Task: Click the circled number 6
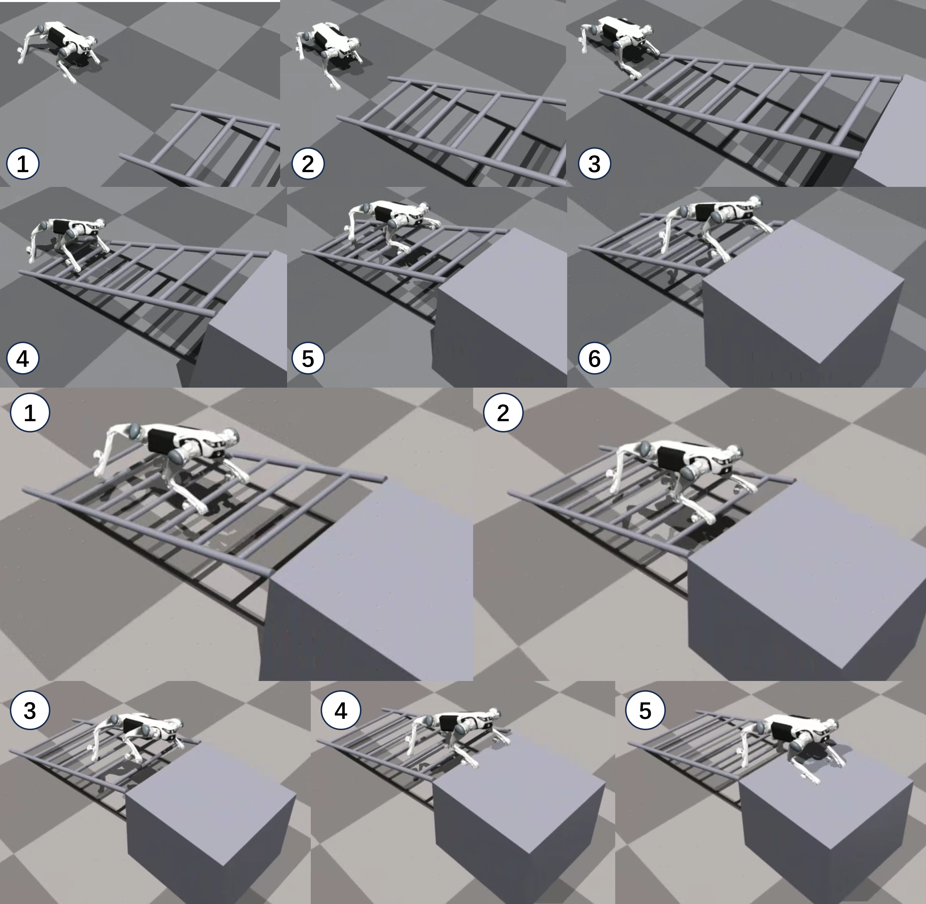pyautogui.click(x=594, y=358)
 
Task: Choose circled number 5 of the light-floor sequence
pyautogui.click(x=645, y=711)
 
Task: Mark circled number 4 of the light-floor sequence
pyautogui.click(x=341, y=711)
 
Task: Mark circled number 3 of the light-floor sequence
pyautogui.click(x=30, y=711)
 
